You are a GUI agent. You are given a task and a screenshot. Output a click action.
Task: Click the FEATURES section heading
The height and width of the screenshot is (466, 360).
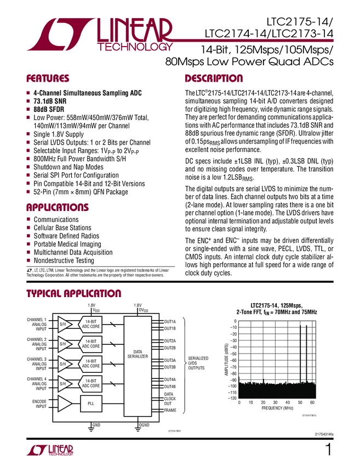pos(48,78)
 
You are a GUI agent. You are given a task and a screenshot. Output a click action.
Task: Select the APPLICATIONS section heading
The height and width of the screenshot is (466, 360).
pos(58,207)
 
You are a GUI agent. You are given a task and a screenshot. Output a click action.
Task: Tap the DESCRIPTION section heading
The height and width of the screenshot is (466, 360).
pos(214,78)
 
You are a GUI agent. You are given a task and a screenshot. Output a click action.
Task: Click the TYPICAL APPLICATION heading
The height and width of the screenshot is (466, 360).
pos(74,294)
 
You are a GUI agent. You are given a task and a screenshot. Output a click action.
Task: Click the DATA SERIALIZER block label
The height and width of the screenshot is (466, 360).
pos(137,354)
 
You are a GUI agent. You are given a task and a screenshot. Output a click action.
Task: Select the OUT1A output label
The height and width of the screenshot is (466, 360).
pos(170,321)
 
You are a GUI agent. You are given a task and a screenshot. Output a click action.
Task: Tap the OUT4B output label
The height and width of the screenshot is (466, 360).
pos(170,387)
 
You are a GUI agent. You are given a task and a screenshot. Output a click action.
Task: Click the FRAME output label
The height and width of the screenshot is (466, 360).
pos(170,410)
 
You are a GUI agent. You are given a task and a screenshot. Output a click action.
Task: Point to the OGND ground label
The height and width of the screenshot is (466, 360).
pos(144,425)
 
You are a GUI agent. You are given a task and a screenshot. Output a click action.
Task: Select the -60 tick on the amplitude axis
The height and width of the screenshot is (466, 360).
pos(232,360)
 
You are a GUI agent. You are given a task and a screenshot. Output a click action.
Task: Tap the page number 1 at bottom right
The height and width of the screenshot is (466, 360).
pos(328,450)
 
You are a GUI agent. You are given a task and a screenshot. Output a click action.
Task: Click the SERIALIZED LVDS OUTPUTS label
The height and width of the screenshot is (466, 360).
pos(199,363)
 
